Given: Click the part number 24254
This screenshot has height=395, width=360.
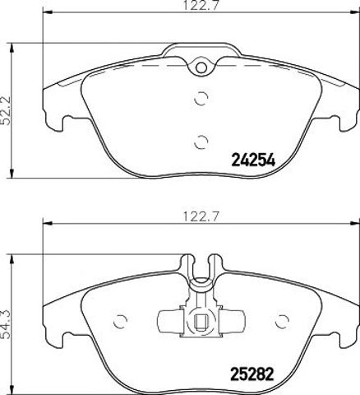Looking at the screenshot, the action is pyautogui.click(x=253, y=160).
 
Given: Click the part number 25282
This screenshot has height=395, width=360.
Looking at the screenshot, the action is pyautogui.click(x=252, y=374).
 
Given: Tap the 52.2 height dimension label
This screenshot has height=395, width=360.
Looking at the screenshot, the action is pyautogui.click(x=6, y=110).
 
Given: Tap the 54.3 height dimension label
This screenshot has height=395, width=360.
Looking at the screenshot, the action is pyautogui.click(x=6, y=323).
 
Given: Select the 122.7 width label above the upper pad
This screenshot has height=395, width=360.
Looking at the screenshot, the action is pyautogui.click(x=201, y=5).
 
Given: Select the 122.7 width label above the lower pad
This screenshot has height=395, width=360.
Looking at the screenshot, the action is pyautogui.click(x=201, y=216).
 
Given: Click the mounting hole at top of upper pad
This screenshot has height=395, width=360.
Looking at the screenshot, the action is pyautogui.click(x=201, y=67).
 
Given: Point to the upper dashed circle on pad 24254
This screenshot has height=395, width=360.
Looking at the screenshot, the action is pyautogui.click(x=201, y=98).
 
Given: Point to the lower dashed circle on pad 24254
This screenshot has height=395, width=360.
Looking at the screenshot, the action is pyautogui.click(x=201, y=142).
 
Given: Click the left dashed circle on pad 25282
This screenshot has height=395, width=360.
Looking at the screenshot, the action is pyautogui.click(x=120, y=322).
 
